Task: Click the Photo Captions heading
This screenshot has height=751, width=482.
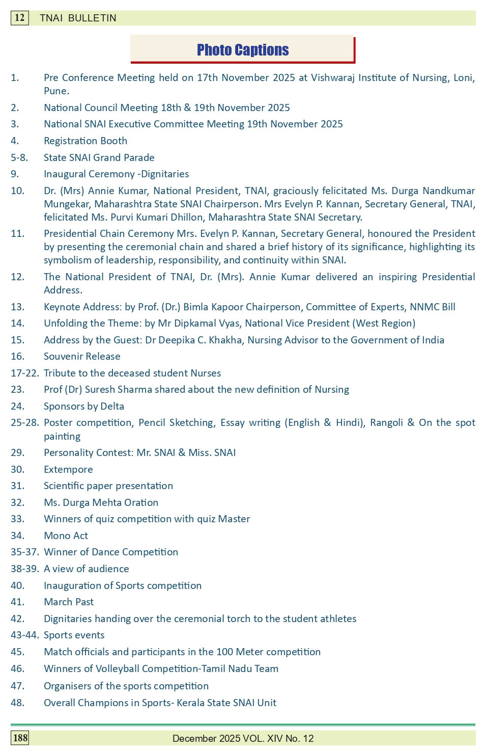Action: pyautogui.click(x=242, y=50)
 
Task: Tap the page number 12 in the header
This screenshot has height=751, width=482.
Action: pyautogui.click(x=19, y=18)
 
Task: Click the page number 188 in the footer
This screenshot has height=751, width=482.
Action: pyautogui.click(x=20, y=738)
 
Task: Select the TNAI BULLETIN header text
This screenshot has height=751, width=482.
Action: pyautogui.click(x=78, y=18)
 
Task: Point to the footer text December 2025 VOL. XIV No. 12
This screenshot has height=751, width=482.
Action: pyautogui.click(x=243, y=738)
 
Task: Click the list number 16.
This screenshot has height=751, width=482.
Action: pyautogui.click(x=17, y=356)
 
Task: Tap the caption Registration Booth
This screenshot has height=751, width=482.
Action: pyautogui.click(x=86, y=141)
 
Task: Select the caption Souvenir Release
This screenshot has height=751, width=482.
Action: pyautogui.click(x=82, y=356)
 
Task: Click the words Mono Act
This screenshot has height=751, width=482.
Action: pyautogui.click(x=66, y=535)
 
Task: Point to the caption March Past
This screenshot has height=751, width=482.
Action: pyautogui.click(x=69, y=602)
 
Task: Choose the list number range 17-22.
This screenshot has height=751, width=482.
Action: pyautogui.click(x=24, y=373)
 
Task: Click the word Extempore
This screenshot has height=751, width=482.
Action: pyautogui.click(x=68, y=469)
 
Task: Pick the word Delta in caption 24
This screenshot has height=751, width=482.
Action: pyautogui.click(x=112, y=406)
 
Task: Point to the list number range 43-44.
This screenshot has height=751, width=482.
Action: pyautogui.click(x=24, y=635)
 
